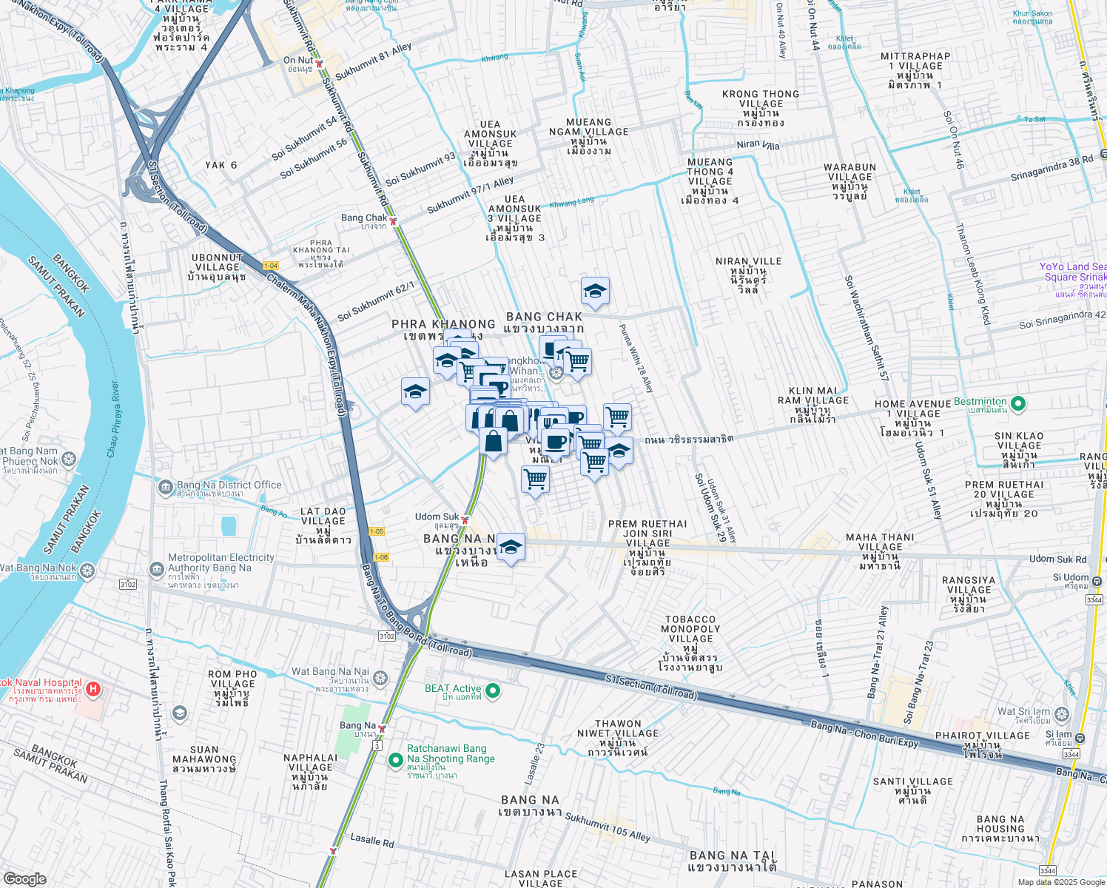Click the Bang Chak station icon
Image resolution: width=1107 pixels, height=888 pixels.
click(x=394, y=221)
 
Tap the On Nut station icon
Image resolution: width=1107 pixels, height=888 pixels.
click(x=319, y=64)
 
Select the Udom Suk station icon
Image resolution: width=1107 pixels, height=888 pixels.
click(x=465, y=519)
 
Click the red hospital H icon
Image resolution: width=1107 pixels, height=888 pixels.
click(x=92, y=690)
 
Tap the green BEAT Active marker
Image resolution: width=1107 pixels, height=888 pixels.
click(x=493, y=691)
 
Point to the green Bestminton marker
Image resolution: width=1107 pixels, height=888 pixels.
click(x=1018, y=403)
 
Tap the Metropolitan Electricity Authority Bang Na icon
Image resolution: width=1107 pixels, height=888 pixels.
click(x=156, y=569)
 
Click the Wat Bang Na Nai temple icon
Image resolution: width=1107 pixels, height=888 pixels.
click(x=380, y=678)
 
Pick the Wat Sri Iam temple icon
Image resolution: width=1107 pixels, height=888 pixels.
click(x=1063, y=714)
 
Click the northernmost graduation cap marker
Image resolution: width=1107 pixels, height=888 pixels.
click(x=595, y=292)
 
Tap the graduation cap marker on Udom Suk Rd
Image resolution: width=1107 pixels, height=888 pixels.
click(x=511, y=548)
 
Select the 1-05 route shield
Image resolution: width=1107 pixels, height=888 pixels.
click(x=377, y=531)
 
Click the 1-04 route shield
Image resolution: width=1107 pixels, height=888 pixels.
click(x=270, y=266)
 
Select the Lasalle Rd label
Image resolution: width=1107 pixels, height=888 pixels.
click(x=372, y=841)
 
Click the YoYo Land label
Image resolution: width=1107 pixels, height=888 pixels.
click(x=1072, y=267)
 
